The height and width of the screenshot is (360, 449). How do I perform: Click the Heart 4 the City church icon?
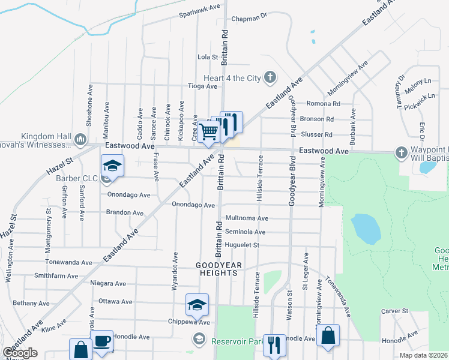[270, 77]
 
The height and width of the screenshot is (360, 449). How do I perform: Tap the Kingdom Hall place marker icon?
[81, 140]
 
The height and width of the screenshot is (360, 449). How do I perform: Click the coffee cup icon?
[101, 341]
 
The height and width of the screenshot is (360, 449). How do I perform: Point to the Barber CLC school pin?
[112, 165]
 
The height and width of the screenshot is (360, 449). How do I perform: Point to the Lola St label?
[207, 57]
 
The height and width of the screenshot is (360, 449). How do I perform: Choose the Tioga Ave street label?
[202, 86]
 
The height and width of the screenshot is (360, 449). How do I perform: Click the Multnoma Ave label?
[247, 218]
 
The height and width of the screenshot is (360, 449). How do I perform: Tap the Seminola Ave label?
[245, 232]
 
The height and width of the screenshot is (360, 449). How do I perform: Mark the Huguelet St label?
[242, 245]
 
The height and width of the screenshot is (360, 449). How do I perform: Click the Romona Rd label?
[324, 103]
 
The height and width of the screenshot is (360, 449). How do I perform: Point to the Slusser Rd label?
[320, 134]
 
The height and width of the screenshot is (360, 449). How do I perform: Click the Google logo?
[20, 353]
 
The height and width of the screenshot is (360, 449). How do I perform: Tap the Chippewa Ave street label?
[188, 322]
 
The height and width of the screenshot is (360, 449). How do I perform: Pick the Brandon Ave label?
[125, 212]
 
